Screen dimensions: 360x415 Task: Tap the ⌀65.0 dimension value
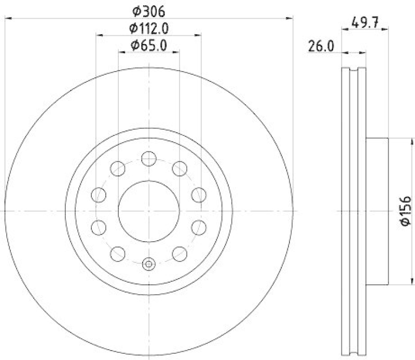[149, 45]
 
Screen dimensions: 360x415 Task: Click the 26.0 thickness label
[322, 46]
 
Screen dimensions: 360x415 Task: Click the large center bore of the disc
[149, 211]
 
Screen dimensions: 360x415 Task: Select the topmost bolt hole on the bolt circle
[149, 159]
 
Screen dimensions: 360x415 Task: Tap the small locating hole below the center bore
[149, 264]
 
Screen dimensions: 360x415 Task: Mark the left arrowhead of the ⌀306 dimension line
[7, 19]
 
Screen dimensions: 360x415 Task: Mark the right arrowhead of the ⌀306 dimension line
[291, 19]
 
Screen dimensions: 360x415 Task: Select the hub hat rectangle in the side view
[377, 211]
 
